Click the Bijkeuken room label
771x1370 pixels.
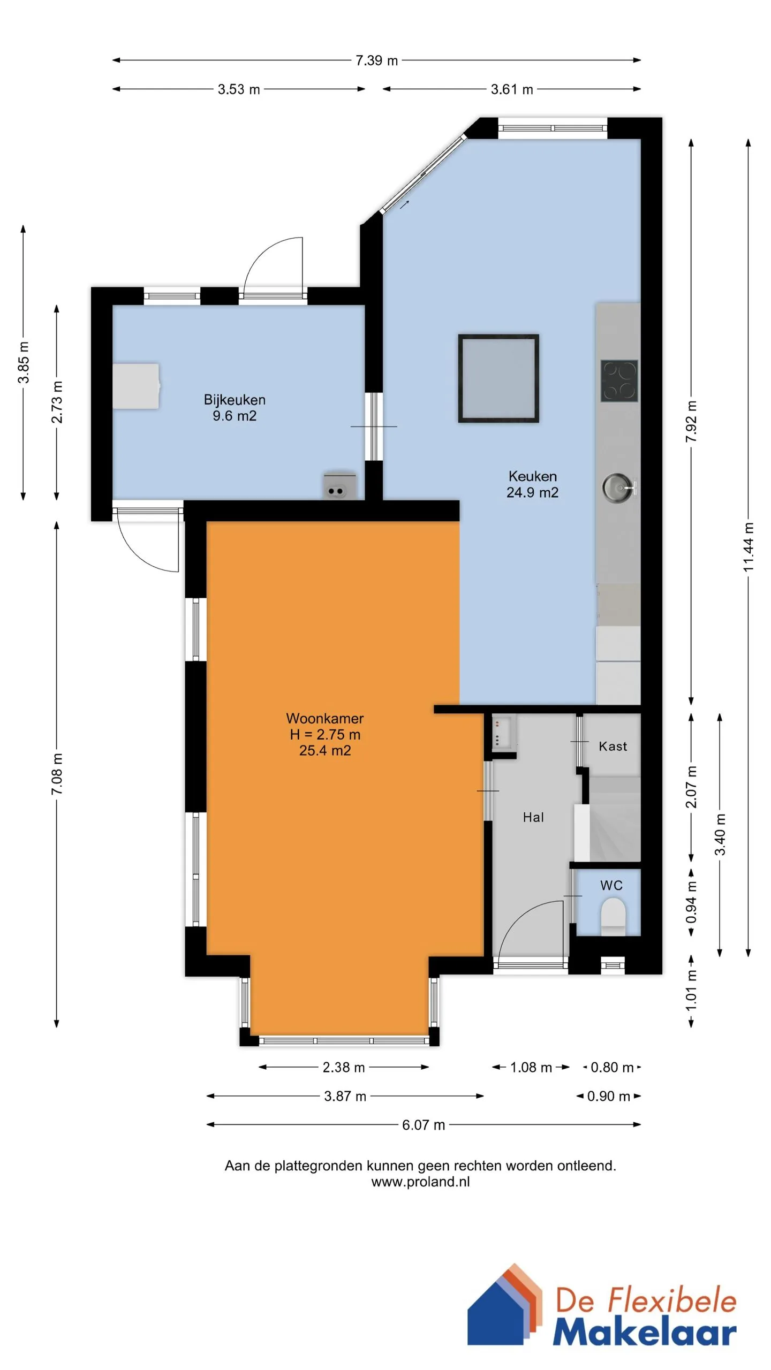point(235,400)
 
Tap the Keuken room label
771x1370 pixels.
point(533,476)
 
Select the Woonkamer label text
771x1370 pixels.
point(325,718)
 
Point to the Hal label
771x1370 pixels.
point(533,817)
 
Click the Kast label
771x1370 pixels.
point(613,746)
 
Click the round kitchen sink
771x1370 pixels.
point(618,487)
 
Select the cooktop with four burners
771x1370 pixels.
point(619,380)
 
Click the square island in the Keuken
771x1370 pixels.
point(498,378)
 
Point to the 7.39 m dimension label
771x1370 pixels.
point(377,60)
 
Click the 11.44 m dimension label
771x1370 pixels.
point(749,547)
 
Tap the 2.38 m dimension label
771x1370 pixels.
point(344,1067)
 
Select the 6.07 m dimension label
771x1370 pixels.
point(424,1125)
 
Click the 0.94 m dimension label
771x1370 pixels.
point(691,903)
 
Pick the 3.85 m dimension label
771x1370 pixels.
point(24,362)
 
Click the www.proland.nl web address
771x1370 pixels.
point(421,1182)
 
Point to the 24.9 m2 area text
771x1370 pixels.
point(533,492)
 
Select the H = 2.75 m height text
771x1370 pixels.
point(325,734)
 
